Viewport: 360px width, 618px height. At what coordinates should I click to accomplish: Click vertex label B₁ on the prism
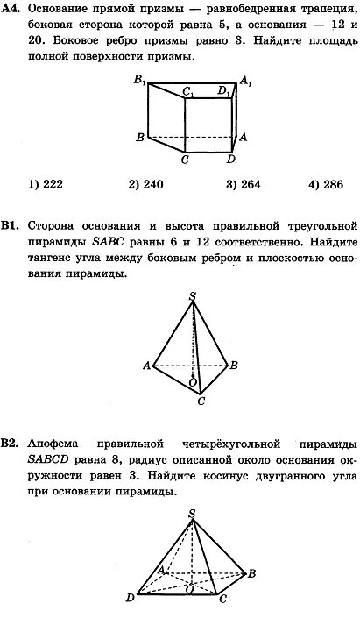pos(139,80)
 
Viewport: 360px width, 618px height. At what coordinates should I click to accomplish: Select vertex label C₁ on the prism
pos(188,90)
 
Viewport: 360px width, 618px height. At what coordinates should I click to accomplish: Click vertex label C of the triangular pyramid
pos(201,401)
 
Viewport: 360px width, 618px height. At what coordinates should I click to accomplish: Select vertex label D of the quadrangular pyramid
pos(130,599)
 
